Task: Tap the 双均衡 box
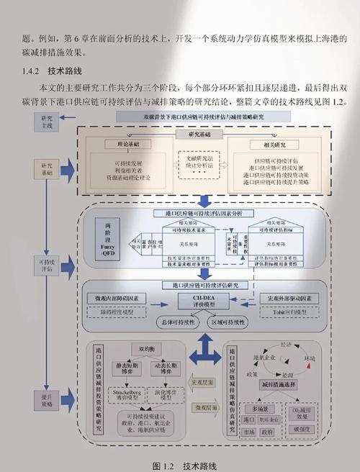pos(142,349)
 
